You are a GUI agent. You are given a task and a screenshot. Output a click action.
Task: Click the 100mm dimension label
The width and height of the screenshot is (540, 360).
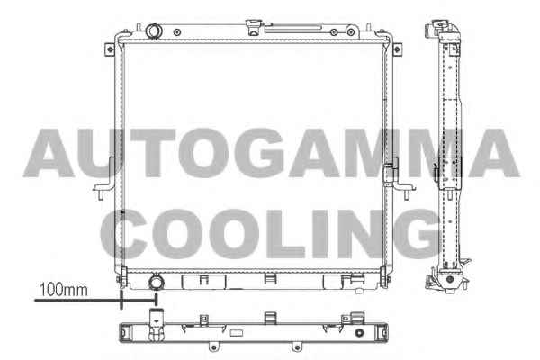click(x=64, y=290)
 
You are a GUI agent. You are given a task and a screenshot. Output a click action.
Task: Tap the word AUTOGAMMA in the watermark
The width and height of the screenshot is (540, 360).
click(x=272, y=153)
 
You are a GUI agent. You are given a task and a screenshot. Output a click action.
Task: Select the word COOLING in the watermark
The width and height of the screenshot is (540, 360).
click(x=271, y=234)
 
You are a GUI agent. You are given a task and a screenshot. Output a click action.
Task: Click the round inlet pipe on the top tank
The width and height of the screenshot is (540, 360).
click(x=154, y=31)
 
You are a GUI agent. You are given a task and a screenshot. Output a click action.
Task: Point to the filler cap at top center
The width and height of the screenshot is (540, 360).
click(x=254, y=27)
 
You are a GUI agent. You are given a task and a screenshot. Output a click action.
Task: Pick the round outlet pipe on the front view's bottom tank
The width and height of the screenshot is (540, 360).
click(x=156, y=282)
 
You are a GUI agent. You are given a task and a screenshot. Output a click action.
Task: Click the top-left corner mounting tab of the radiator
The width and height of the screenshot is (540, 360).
click(x=110, y=49)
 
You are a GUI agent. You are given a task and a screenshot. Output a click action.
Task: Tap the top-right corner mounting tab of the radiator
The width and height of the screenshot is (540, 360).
click(x=397, y=49)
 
